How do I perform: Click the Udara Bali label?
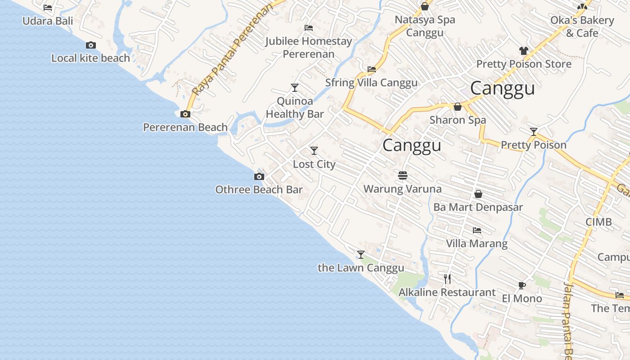pos(48,21)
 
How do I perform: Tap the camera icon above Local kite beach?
pos(91,45)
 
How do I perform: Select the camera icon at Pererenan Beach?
pos(185,114)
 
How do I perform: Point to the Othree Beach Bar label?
pos(259,189)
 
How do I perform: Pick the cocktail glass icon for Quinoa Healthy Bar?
pos(295,88)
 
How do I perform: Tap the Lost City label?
pos(314,164)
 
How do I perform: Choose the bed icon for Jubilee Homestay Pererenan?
pos(309,28)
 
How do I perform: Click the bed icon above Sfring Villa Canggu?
pos(372,69)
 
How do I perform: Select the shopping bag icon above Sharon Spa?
pos(458,107)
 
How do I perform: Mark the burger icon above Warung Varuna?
pos(403,175)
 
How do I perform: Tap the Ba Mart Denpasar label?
pos(478,207)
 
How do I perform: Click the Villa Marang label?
pos(477,243)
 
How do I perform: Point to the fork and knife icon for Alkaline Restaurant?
pos(447,279)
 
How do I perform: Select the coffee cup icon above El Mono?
pos(522,285)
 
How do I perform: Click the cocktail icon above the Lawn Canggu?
pos(361,255)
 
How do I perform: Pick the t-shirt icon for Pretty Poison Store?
pos(523,50)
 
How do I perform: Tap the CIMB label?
pos(598,222)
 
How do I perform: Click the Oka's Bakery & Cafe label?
pos(582,27)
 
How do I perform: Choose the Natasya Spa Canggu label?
pos(425,26)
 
